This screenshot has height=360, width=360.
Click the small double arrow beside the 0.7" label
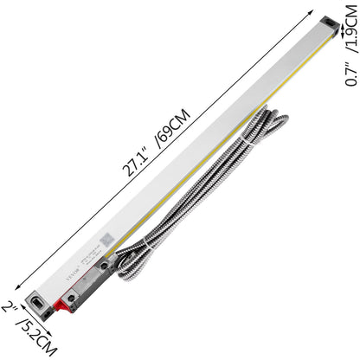pyautogui.click(x=345, y=31)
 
